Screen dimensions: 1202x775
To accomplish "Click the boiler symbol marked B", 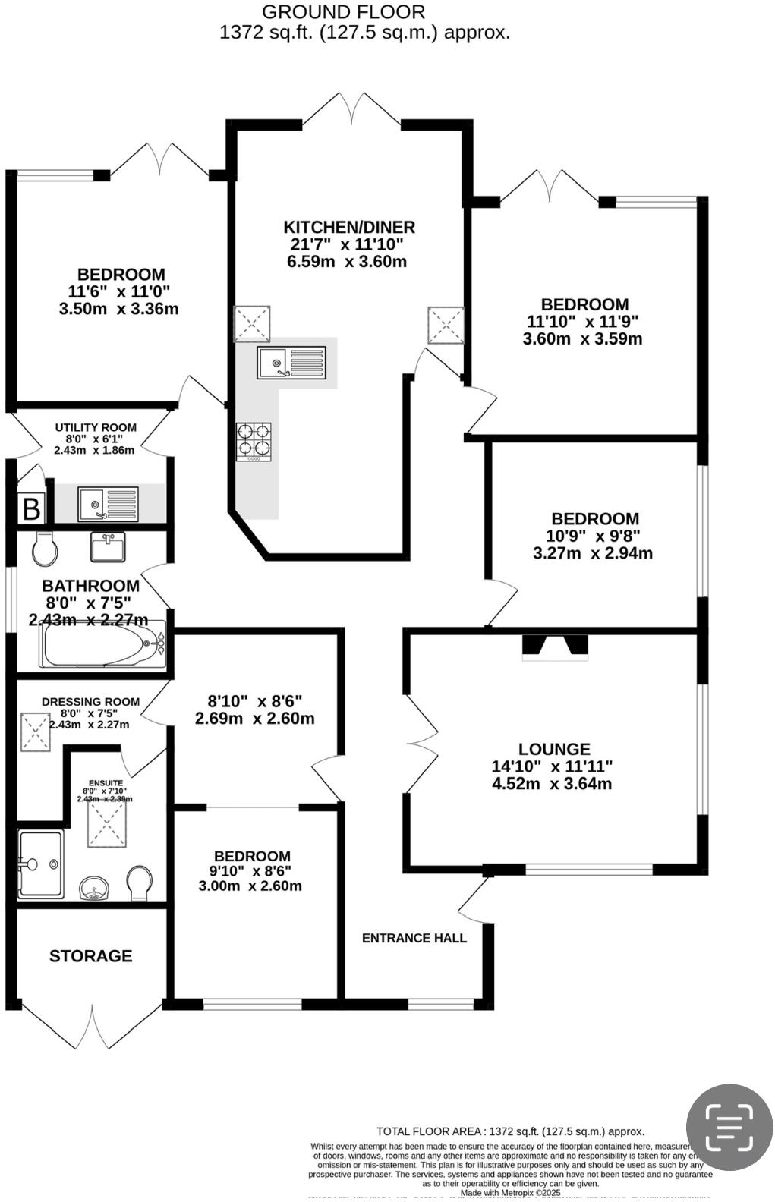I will click(31, 508).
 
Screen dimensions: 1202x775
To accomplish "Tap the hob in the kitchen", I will click(254, 441).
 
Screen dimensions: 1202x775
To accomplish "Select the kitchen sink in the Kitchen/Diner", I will click(291, 363).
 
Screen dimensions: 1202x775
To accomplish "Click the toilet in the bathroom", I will click(45, 548).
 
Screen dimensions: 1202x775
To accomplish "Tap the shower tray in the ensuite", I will click(40, 864).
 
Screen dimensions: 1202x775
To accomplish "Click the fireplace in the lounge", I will click(555, 647).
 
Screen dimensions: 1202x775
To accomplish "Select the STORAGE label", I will click(91, 956).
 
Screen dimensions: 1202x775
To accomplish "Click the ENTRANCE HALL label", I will click(414, 938).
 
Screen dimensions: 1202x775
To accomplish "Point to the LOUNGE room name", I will click(554, 749).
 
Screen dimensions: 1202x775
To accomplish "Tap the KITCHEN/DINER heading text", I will click(349, 227).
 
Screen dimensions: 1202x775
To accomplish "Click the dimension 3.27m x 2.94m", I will click(593, 552).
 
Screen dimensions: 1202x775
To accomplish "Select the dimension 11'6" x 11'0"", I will click(119, 291).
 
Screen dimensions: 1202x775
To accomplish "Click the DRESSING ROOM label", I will click(90, 702).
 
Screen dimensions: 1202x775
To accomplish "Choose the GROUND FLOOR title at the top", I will click(343, 12).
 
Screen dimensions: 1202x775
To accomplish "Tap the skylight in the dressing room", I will click(35, 732).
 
